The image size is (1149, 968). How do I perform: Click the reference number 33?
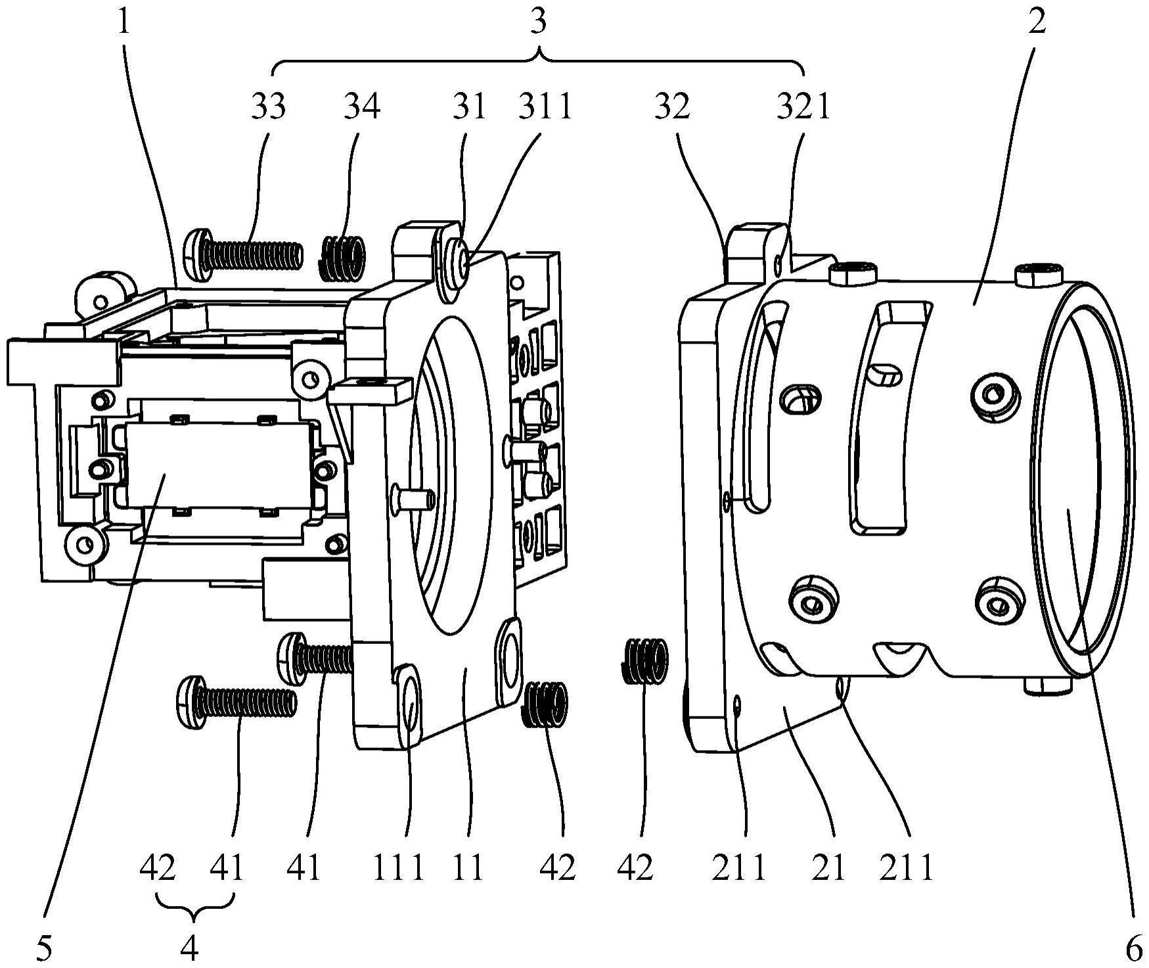click(268, 106)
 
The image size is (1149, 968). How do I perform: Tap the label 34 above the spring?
click(362, 106)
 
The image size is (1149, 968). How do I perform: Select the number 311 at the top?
click(546, 106)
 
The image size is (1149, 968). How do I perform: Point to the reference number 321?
click(803, 106)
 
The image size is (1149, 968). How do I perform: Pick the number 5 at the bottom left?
click(44, 949)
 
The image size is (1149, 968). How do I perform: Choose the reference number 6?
click(1135, 949)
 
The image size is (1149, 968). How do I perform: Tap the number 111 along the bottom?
click(398, 867)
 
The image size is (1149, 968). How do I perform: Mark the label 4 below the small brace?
click(190, 949)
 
